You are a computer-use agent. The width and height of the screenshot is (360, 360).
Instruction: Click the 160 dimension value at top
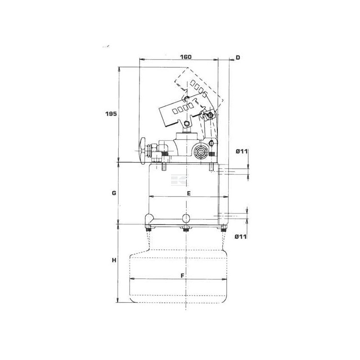[185, 57]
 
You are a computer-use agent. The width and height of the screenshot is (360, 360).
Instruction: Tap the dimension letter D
[238, 58]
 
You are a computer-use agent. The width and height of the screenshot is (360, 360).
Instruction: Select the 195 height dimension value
[111, 114]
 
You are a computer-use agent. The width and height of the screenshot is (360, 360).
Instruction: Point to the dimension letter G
[114, 193]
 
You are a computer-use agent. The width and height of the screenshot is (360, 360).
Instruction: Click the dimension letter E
[189, 193]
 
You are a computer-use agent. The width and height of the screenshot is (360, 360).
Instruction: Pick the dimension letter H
[114, 261]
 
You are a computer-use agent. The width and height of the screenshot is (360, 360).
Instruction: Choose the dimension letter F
[183, 275]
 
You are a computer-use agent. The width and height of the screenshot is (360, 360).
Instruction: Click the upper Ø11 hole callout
[242, 152]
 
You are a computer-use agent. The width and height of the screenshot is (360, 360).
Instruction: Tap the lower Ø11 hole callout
[241, 237]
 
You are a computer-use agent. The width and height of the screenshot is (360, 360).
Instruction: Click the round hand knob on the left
[143, 151]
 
